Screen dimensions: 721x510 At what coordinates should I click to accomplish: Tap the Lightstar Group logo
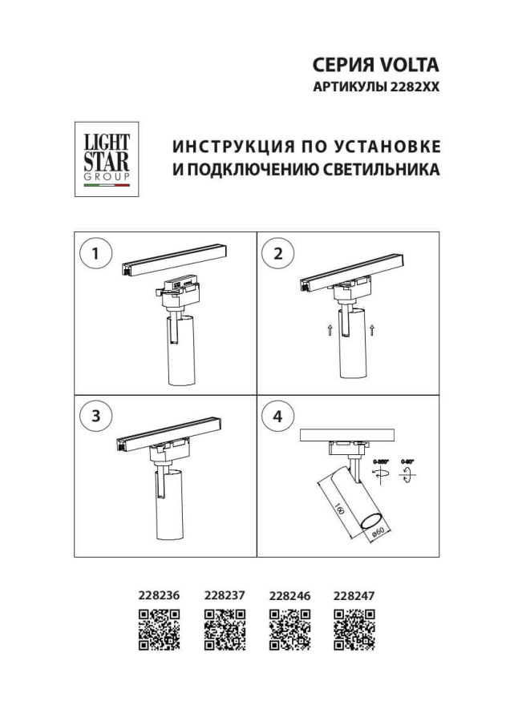107,159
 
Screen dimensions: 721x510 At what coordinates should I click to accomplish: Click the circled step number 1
95,255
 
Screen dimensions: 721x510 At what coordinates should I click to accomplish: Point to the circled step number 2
278,255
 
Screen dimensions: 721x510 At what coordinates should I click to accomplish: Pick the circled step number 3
95,417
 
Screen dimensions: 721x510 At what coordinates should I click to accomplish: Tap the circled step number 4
278,417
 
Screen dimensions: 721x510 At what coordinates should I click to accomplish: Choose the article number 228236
159,596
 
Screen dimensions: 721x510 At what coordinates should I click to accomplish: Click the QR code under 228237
225,629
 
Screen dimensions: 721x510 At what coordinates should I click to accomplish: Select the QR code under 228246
289,629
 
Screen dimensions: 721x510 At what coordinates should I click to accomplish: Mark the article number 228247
354,596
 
